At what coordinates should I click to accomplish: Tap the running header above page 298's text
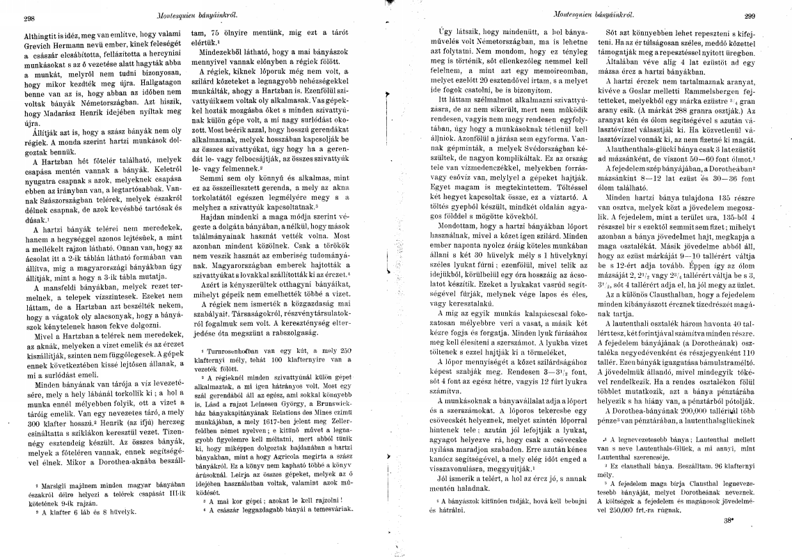[x=179, y=13]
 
